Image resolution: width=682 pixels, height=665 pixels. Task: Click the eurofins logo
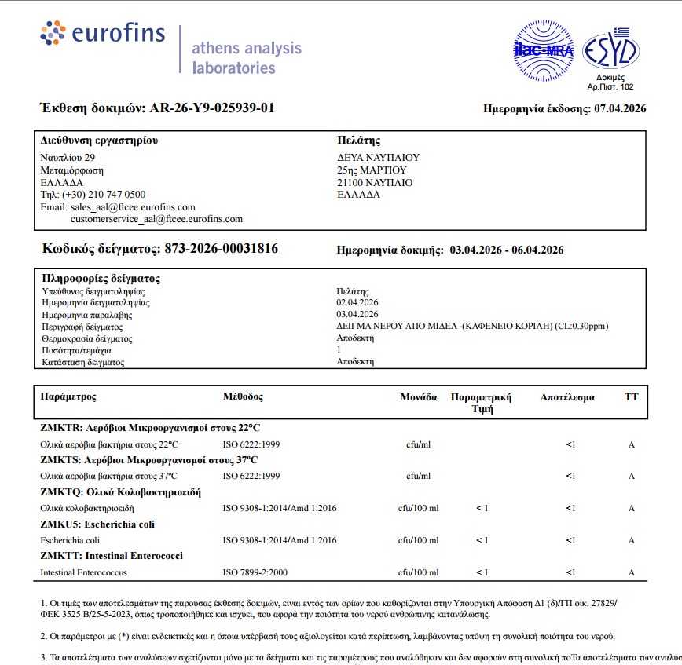102,34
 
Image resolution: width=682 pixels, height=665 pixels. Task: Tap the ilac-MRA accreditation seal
543,49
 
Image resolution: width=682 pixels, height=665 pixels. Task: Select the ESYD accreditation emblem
610,50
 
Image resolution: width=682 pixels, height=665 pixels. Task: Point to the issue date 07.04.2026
620,108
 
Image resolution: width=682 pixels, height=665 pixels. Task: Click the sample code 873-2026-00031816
221,249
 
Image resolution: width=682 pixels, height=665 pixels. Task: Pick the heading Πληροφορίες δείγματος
100,279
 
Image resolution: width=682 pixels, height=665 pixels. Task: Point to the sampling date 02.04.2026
357,302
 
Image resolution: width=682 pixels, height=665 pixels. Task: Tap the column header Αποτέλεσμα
567,397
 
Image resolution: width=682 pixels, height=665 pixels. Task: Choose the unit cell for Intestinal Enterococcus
418,572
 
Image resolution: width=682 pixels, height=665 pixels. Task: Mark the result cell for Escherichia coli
570,540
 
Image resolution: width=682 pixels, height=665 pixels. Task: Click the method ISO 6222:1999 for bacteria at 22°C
251,444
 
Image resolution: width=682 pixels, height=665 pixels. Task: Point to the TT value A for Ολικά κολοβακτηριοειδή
631,508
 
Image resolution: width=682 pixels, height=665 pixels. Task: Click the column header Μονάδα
419,397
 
